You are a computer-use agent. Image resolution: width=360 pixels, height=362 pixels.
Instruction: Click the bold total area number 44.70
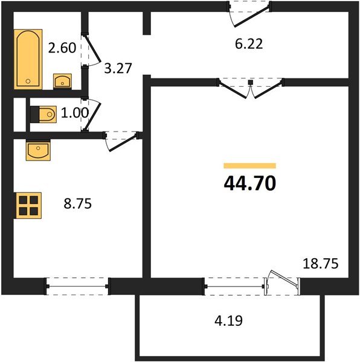point(250,183)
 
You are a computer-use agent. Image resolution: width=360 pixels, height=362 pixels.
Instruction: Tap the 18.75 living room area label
point(321,264)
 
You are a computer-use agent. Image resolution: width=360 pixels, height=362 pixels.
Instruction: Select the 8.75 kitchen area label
point(78,204)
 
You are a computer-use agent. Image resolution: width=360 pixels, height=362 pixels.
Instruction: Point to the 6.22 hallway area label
point(249,44)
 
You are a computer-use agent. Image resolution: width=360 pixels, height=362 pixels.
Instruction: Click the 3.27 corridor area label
point(118,68)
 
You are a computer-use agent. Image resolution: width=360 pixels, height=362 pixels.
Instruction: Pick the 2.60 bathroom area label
point(62,48)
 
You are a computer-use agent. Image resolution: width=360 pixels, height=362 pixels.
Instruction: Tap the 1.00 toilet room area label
point(75,113)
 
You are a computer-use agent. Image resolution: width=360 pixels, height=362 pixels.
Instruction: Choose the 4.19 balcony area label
point(228,321)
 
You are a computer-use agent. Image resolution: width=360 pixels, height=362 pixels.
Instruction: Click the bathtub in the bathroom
point(28,59)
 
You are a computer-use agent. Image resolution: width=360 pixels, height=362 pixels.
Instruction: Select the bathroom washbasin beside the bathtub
point(62,81)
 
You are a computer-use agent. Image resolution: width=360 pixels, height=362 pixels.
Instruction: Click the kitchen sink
point(38,150)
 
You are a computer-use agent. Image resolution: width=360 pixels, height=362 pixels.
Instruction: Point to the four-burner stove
point(28,206)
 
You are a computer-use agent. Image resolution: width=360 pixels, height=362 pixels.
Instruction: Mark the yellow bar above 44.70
point(250,166)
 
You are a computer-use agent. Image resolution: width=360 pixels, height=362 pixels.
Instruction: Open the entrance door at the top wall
point(252,17)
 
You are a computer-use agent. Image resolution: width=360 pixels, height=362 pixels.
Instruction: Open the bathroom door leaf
point(92,49)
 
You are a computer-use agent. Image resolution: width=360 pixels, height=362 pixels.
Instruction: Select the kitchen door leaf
point(123,143)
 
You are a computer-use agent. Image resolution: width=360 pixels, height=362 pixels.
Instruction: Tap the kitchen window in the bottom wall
point(77,286)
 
